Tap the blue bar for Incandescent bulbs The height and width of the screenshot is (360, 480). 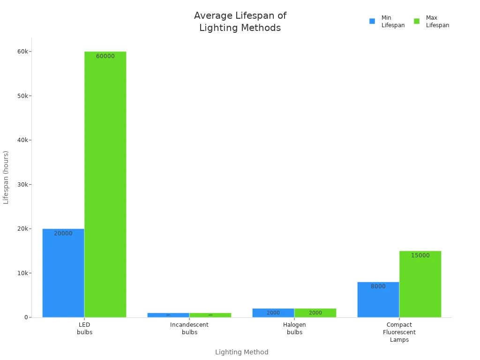(x=168, y=315)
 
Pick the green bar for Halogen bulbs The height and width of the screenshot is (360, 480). (x=315, y=313)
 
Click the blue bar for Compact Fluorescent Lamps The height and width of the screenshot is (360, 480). (x=378, y=300)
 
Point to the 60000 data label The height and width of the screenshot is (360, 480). (x=105, y=56)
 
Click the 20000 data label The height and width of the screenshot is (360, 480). (x=63, y=233)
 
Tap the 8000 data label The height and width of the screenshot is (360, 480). (x=378, y=286)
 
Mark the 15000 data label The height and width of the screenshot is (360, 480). (x=420, y=255)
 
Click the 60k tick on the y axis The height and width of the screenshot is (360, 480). (x=22, y=52)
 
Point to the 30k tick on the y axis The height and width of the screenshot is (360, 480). (x=22, y=184)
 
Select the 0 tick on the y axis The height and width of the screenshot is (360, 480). (x=26, y=317)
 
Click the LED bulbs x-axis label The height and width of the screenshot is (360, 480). (x=84, y=328)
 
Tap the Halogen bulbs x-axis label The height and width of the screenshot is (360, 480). (x=294, y=328)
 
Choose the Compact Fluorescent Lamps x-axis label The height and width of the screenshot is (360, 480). (x=399, y=332)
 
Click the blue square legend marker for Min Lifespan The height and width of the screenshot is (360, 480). (x=372, y=21)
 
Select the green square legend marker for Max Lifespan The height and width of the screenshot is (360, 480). (x=417, y=21)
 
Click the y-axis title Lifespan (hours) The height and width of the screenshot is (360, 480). (x=6, y=177)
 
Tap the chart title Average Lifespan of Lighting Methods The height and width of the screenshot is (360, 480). (x=240, y=22)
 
